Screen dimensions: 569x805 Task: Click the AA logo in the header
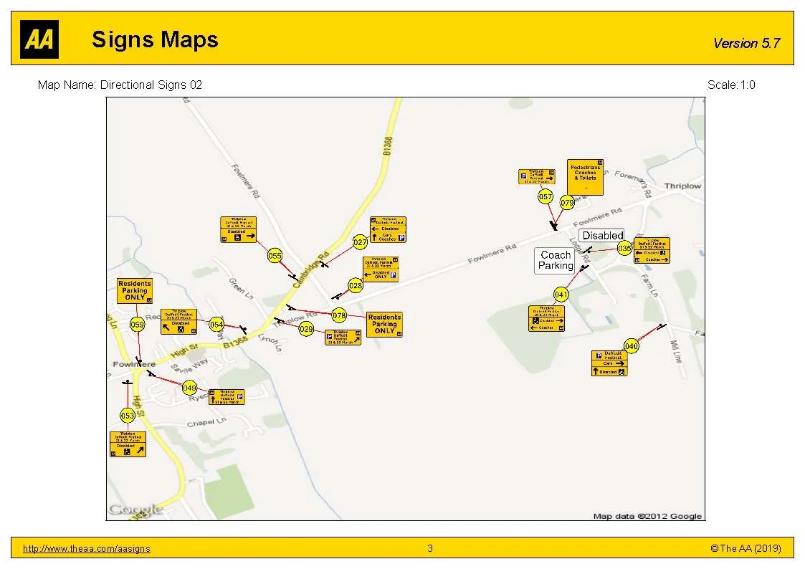point(39,39)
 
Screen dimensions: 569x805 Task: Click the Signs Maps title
point(155,39)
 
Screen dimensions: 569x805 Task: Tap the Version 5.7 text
point(746,44)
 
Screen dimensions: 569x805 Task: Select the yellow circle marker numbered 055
point(275,256)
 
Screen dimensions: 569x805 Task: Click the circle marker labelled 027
point(361,243)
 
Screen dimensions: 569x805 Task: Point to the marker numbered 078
point(339,315)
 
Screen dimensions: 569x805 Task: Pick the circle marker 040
point(631,346)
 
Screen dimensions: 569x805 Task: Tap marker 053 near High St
point(128,416)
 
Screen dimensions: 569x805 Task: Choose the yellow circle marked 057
point(546,196)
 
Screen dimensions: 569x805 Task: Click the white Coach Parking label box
point(556,260)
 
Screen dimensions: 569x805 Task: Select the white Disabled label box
point(602,235)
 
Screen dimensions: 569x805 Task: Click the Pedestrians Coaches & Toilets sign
point(585,177)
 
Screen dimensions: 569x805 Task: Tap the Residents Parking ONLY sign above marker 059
point(135,290)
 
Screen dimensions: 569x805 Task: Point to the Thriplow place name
point(682,186)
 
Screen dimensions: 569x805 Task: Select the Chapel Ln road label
point(206,424)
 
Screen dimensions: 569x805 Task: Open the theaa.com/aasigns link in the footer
point(87,549)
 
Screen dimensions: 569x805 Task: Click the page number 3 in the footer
point(430,549)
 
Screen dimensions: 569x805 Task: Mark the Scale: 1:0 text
point(730,85)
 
